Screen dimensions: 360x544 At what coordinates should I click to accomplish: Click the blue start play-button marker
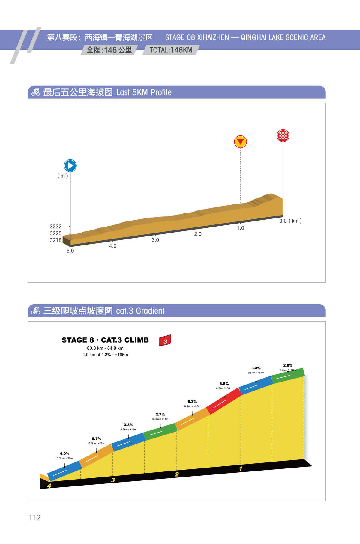click(70, 166)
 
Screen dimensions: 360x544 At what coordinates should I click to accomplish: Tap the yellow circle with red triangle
click(240, 142)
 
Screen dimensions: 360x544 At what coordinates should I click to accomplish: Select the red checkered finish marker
click(283, 136)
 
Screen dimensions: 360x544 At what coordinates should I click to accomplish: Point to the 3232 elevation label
click(55, 227)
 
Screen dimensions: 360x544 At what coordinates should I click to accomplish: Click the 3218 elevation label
click(55, 240)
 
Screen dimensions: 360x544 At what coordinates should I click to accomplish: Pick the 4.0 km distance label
click(113, 246)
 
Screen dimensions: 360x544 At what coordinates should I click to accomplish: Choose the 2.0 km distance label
click(198, 234)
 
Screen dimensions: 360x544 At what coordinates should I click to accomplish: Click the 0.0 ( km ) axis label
click(290, 221)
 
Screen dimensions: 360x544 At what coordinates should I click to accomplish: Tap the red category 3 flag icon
click(165, 340)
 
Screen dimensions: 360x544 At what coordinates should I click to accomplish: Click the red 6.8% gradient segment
click(224, 401)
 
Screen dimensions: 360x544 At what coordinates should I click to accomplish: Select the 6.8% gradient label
click(224, 384)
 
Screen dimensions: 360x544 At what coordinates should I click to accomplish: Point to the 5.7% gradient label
click(96, 439)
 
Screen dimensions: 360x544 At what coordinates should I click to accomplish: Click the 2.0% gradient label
click(288, 365)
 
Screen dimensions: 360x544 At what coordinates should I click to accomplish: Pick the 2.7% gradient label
click(160, 415)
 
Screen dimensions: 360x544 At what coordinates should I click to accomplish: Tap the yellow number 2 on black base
click(177, 474)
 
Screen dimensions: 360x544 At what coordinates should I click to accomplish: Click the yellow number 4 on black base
click(49, 486)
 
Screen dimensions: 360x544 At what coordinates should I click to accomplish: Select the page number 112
click(34, 518)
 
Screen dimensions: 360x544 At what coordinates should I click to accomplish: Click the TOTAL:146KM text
click(171, 50)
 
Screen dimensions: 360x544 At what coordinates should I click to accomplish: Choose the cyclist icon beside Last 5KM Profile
click(36, 92)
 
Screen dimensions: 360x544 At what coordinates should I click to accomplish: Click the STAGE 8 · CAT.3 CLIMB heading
click(105, 340)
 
